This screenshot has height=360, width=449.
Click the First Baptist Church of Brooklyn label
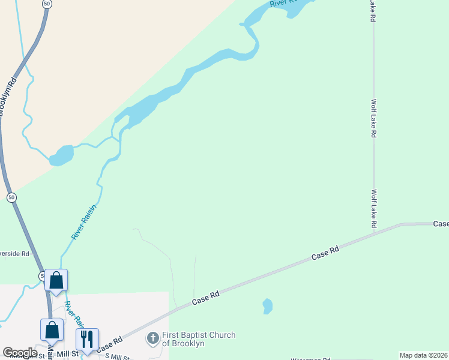point(199,339)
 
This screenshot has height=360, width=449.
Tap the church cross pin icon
point(152,340)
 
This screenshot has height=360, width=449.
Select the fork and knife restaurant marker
point(87,340)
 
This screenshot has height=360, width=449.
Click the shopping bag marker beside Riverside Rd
point(56,280)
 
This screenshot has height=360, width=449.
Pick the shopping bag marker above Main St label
point(52,329)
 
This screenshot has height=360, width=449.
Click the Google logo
point(20,353)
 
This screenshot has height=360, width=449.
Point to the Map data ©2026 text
point(423,355)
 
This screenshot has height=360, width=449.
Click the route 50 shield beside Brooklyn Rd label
point(11,197)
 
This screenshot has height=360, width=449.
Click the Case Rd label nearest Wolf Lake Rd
point(441,224)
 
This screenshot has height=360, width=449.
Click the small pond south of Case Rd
point(267,306)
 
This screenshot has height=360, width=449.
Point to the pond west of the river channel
point(61,155)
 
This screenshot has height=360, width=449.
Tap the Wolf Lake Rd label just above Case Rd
point(373,208)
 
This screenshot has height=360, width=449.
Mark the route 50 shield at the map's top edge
point(46,4)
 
